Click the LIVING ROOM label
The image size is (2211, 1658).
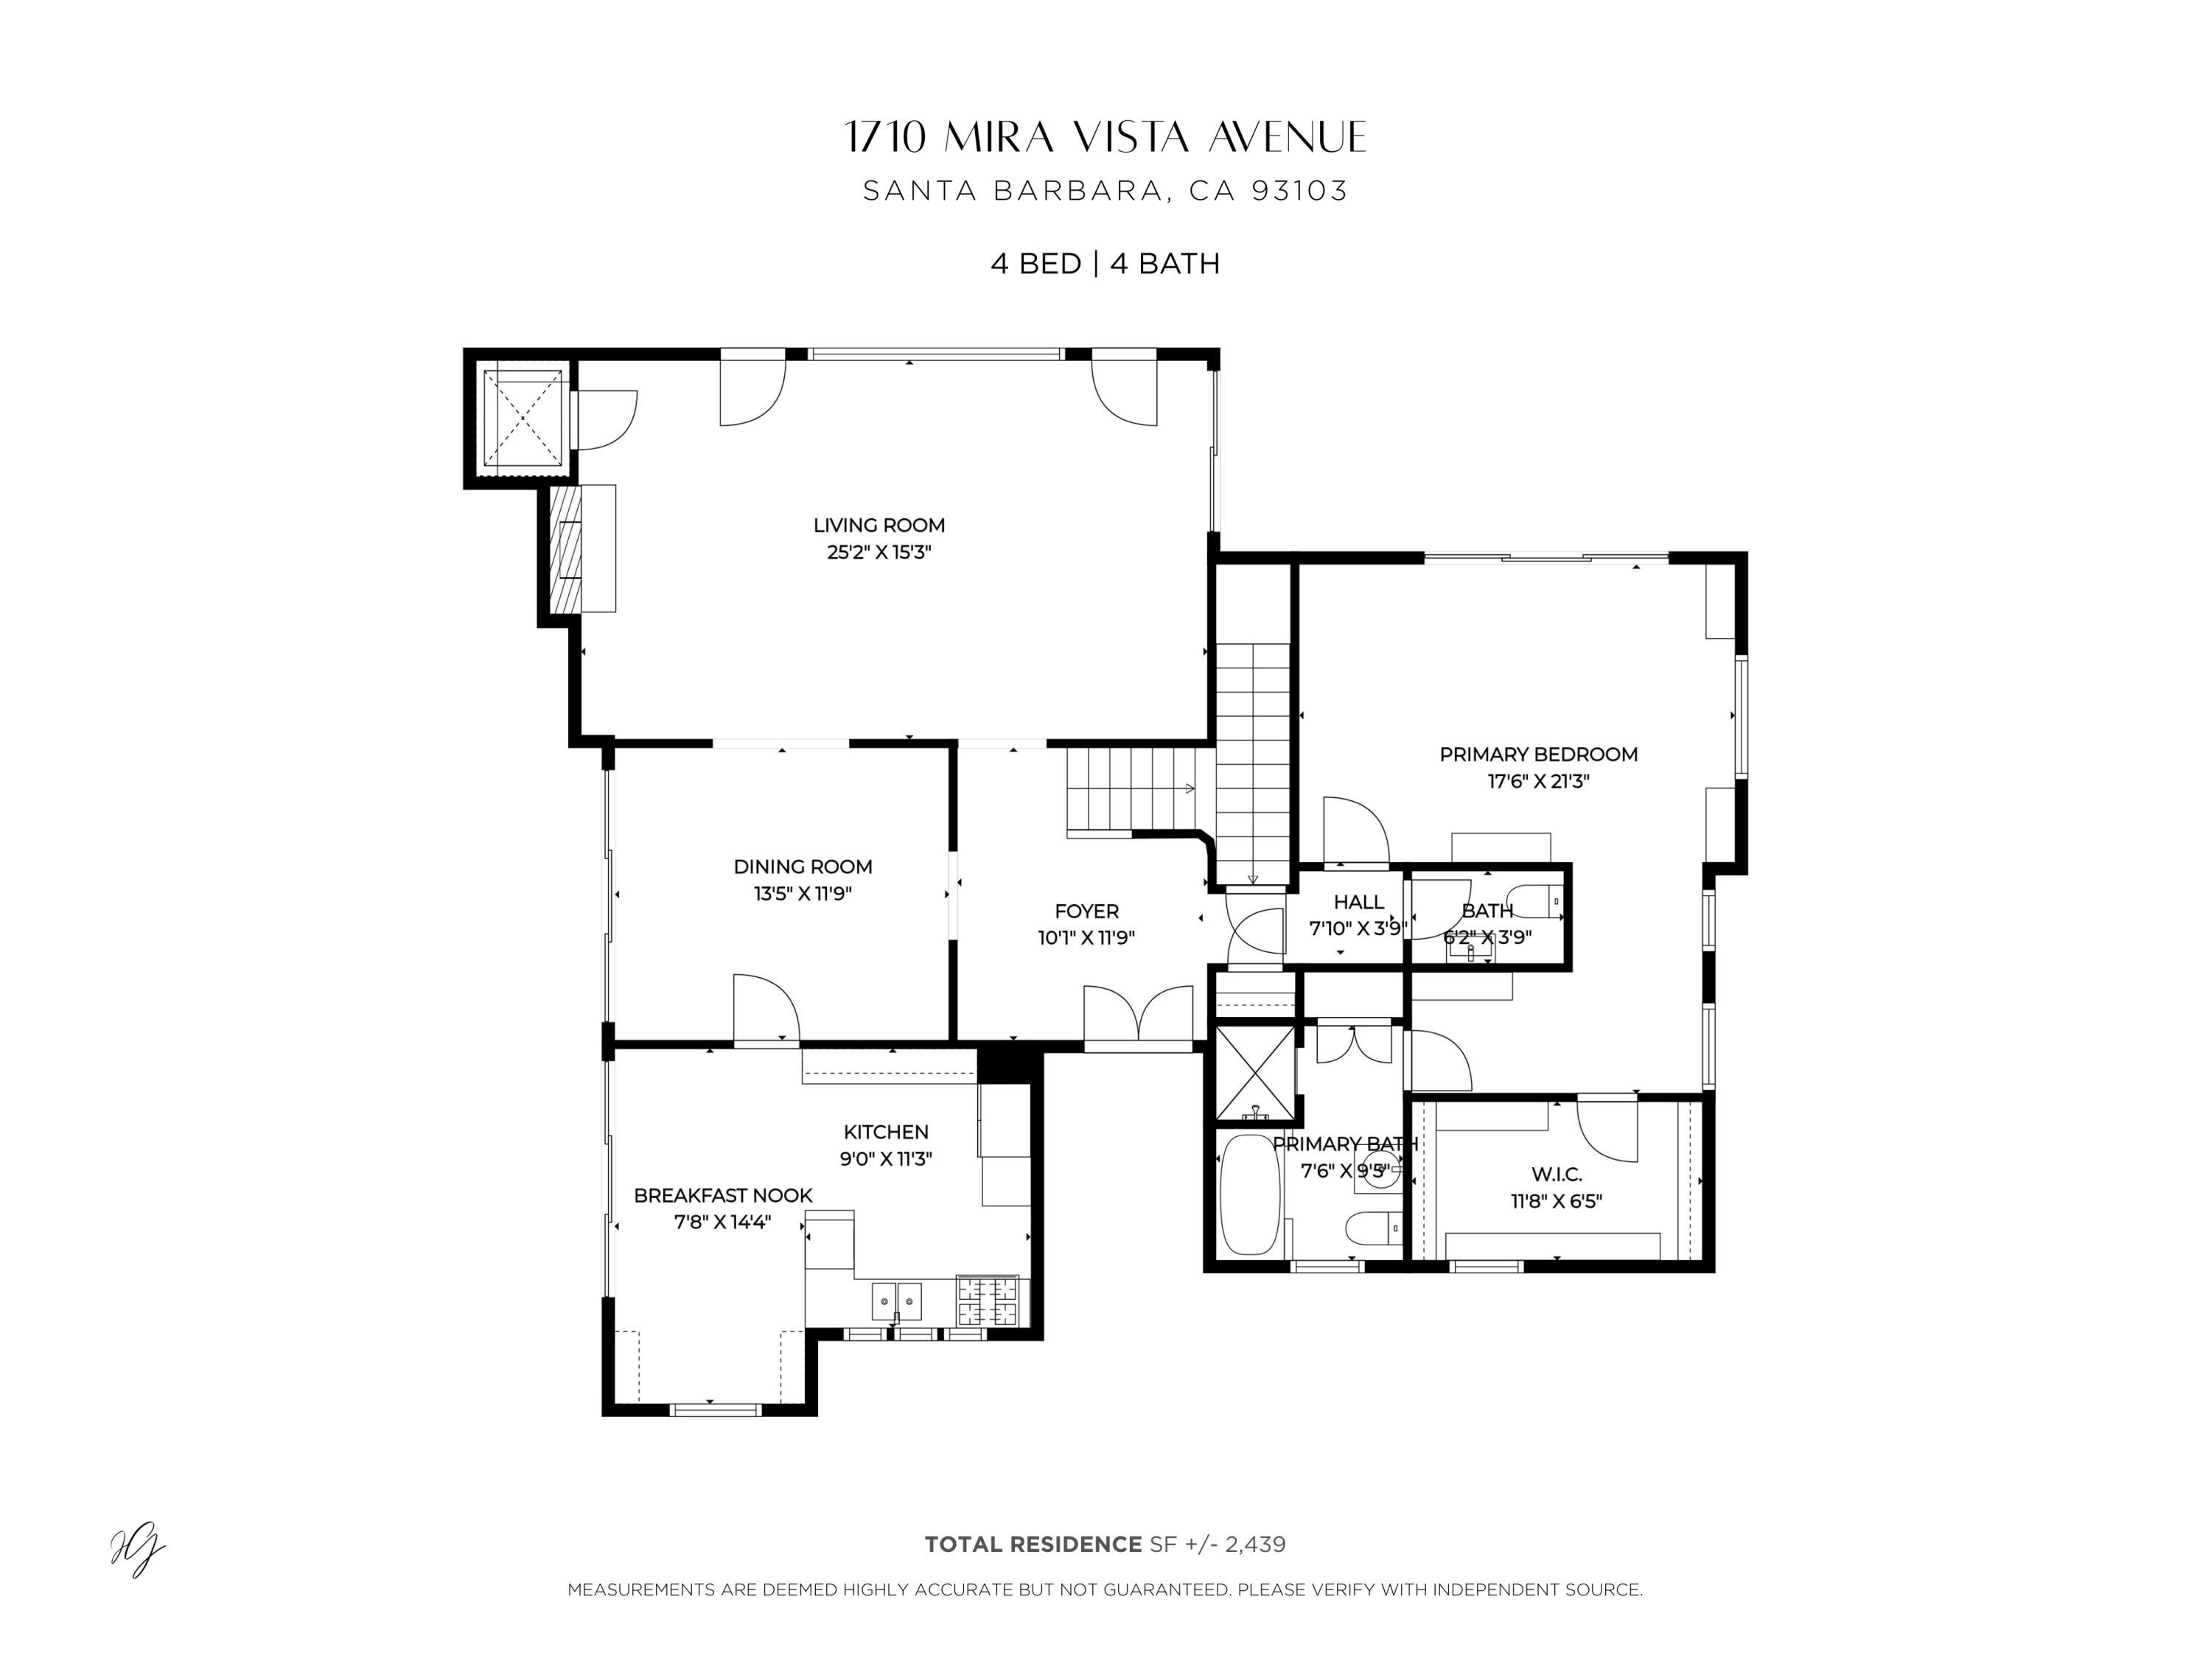(879, 525)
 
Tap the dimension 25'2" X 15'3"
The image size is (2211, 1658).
(879, 552)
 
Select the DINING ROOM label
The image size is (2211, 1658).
(803, 867)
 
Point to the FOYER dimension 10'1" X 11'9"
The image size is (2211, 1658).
(1086, 937)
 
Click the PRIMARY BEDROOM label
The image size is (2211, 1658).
(1538, 755)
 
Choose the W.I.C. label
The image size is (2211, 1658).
(1557, 1175)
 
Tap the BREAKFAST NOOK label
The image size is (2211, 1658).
(723, 1195)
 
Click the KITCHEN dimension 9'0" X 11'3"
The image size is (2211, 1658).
(886, 1159)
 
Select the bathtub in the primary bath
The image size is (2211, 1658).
(1249, 1194)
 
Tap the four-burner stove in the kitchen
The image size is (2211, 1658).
(988, 1301)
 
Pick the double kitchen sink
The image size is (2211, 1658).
(897, 1301)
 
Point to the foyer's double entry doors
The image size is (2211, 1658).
(1139, 1015)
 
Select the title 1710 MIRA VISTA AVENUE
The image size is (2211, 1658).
(1105, 138)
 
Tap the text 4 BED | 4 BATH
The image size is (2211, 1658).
(1105, 264)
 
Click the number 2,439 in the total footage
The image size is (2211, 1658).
(1254, 1544)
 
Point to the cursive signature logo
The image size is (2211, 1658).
(137, 1551)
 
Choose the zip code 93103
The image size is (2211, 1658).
(1299, 191)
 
